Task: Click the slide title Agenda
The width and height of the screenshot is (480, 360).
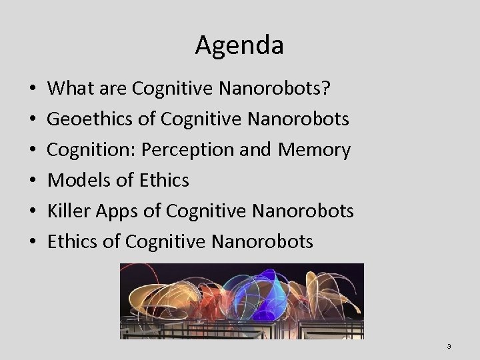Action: pos(239,45)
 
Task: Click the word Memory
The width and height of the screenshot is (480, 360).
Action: pos(314,150)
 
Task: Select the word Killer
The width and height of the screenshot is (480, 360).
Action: pos(71,211)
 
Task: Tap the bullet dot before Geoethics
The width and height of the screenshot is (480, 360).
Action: pos(33,120)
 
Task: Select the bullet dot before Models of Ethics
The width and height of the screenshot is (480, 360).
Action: pos(33,181)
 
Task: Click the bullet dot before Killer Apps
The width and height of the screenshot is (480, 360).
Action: pos(33,211)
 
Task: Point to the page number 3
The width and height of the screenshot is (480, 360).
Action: pos(449,346)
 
